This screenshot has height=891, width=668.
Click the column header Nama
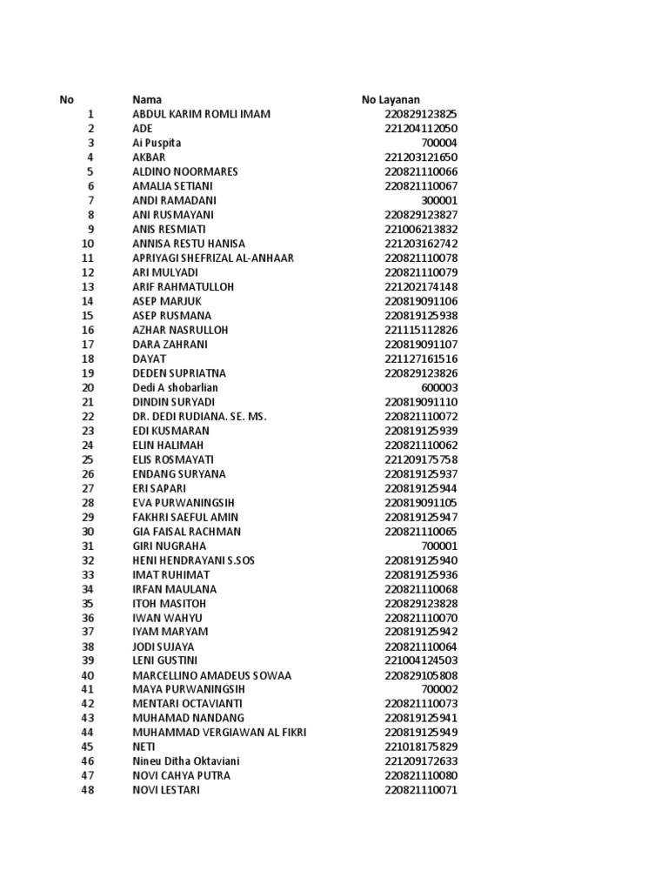click(147, 100)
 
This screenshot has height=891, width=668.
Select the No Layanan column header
click(391, 100)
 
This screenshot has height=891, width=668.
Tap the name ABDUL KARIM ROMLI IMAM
click(201, 114)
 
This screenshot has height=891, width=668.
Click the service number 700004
click(438, 143)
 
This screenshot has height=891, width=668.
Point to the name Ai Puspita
click(157, 143)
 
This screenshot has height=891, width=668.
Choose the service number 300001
click(438, 200)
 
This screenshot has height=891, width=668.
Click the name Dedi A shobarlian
click(175, 387)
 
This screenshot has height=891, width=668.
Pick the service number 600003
click(438, 387)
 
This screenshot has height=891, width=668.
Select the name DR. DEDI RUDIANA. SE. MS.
click(199, 416)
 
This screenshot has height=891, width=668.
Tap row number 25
click(87, 459)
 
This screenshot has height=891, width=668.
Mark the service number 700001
click(438, 546)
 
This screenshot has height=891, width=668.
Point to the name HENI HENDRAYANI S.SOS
click(193, 560)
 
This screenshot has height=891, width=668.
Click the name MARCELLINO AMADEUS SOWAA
click(211, 675)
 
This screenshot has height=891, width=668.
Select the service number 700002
click(438, 689)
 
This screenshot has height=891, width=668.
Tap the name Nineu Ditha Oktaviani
click(185, 761)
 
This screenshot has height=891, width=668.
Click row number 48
click(87, 790)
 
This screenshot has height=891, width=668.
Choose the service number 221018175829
click(421, 747)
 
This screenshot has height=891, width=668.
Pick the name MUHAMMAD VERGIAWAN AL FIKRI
click(219, 733)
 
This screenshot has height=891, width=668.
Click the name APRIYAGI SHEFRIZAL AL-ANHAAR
click(213, 258)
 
